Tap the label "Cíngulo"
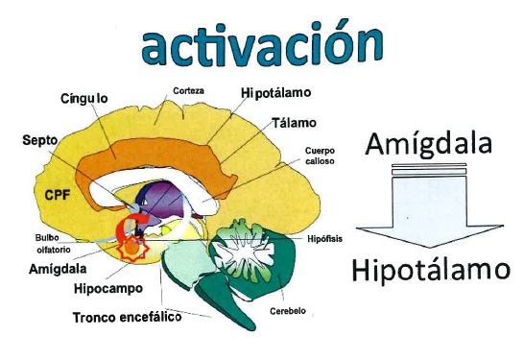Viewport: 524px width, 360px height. click(84, 99)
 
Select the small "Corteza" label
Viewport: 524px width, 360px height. click(188, 90)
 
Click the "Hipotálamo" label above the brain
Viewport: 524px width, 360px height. click(276, 92)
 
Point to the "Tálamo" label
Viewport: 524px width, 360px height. click(294, 123)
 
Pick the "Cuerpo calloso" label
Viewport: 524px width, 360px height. click(320, 156)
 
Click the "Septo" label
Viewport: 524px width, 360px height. click(39, 140)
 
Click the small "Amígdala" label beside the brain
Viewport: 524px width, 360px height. click(58, 269)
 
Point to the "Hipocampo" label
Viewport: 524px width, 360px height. click(108, 288)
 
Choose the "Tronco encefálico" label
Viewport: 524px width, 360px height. click(127, 317)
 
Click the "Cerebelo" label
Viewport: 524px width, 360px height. click(287, 311)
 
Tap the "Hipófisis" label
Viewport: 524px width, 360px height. click(324, 239)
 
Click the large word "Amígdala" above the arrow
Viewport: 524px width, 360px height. click(429, 144)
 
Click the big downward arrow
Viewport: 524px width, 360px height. click(429, 205)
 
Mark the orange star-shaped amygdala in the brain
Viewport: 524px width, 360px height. click(133, 248)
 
